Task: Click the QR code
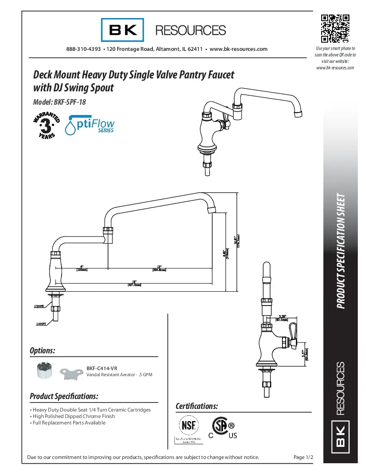coord(335,29)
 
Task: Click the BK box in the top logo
coord(123,30)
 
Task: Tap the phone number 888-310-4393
coord(83,49)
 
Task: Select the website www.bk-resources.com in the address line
coord(239,49)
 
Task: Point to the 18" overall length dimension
coord(134,283)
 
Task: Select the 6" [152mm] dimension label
coord(82,268)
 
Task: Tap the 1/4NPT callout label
coord(40,323)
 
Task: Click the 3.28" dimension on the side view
coord(282,318)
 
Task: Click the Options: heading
coord(42,351)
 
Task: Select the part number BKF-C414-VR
coord(102,368)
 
